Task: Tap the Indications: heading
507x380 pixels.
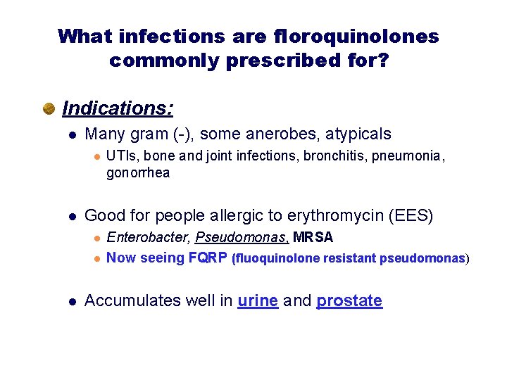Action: [118, 108]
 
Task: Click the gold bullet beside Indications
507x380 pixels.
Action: [49, 109]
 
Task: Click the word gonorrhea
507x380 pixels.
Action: [138, 172]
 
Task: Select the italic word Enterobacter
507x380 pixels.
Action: [148, 238]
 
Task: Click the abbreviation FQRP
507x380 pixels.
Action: [208, 258]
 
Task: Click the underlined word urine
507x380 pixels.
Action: [258, 301]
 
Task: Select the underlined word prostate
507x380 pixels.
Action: [349, 301]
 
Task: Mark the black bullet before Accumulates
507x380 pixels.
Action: [71, 301]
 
